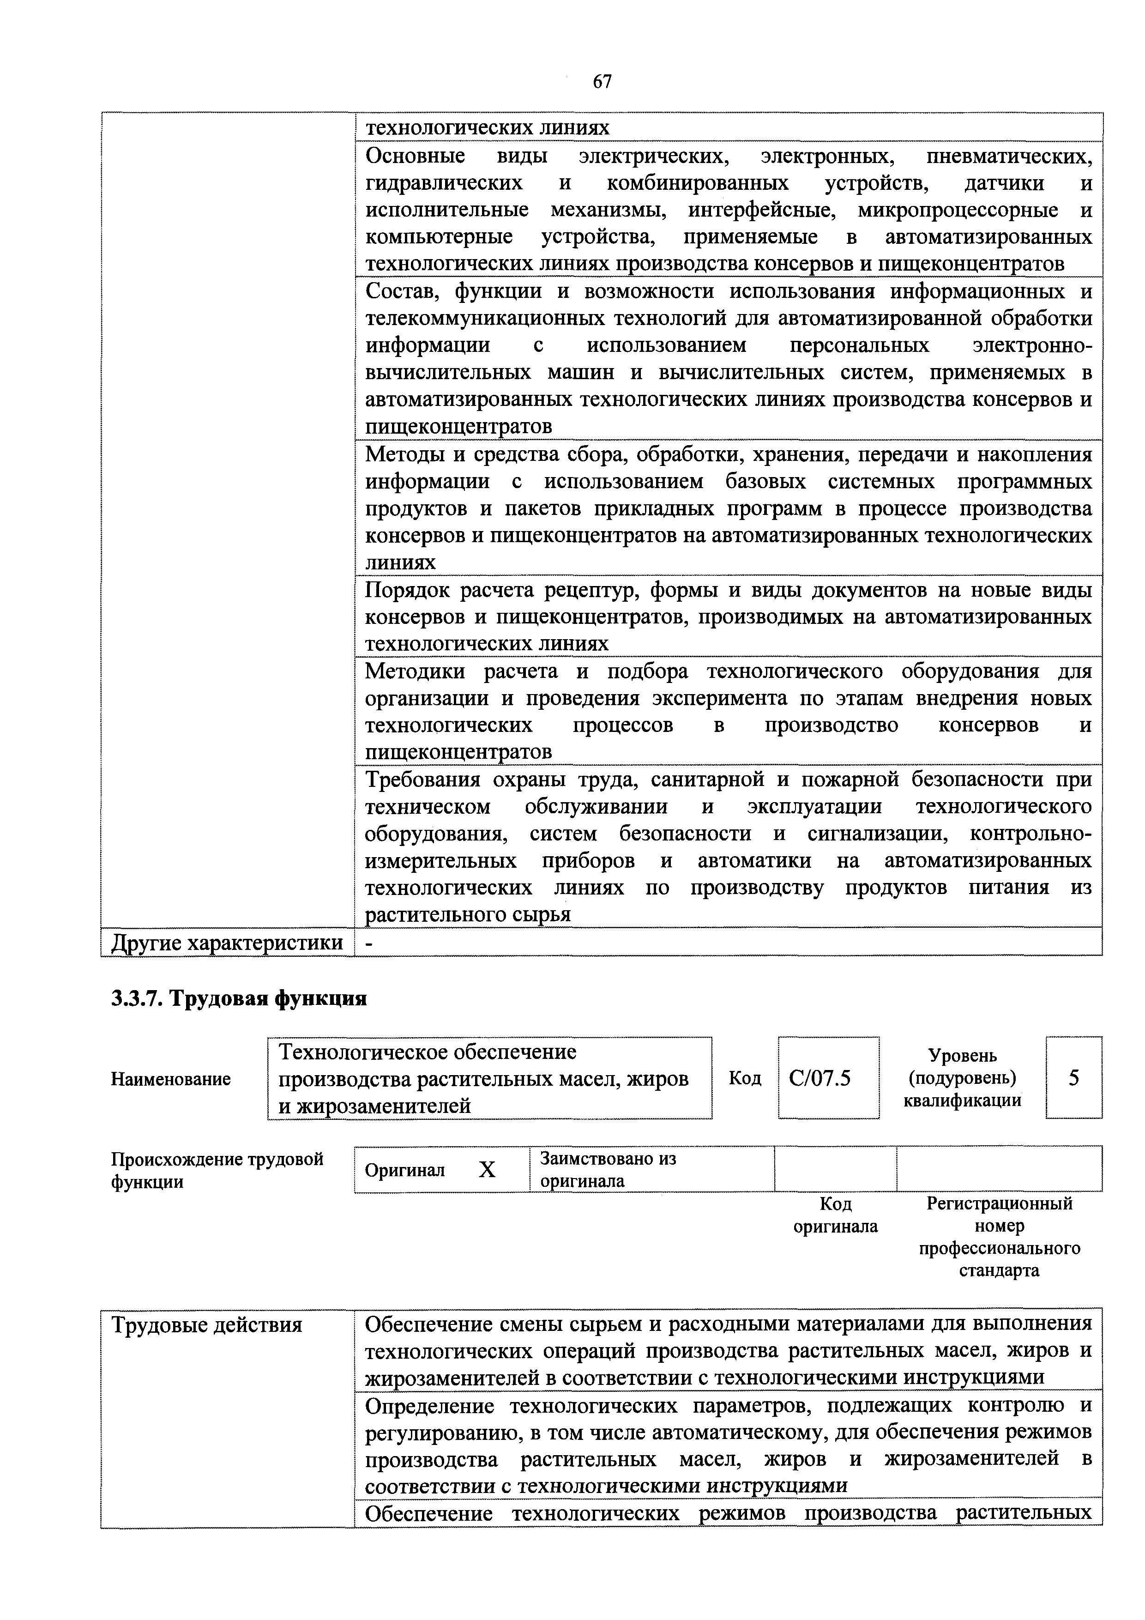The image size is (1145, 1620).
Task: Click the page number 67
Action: (x=602, y=82)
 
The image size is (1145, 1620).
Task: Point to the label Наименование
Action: (x=171, y=1079)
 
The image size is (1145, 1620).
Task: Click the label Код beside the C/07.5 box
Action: (x=745, y=1079)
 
